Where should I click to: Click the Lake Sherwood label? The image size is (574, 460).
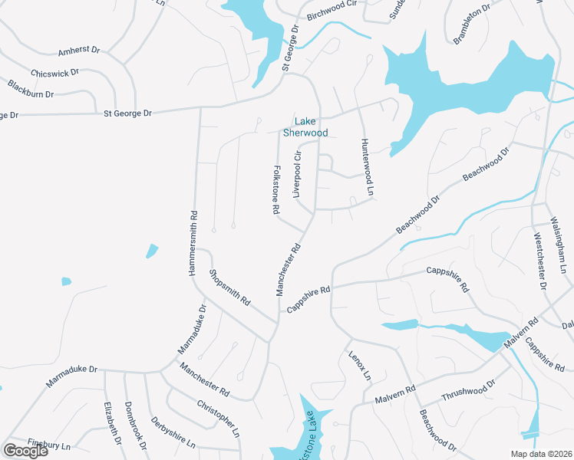click(305, 127)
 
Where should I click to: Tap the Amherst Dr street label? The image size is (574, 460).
click(79, 51)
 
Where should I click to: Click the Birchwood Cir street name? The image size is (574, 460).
click(332, 15)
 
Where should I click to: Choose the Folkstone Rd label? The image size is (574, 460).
click(275, 189)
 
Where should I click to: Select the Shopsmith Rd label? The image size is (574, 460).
click(229, 287)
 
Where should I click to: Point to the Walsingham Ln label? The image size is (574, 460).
click(559, 245)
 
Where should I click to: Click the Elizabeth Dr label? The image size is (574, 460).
click(113, 423)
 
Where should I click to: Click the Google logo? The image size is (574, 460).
click(25, 451)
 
